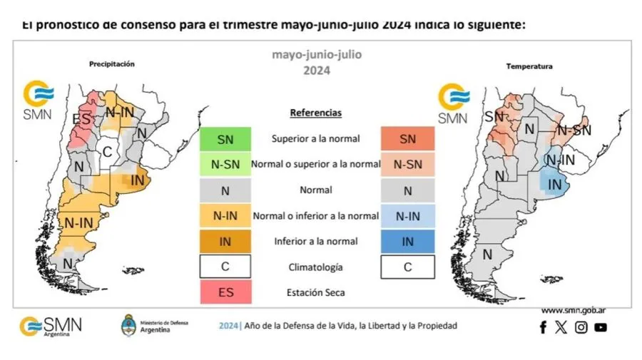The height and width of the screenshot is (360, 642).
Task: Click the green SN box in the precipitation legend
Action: pos(225,139)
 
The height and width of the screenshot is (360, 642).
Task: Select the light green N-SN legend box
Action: pos(225,164)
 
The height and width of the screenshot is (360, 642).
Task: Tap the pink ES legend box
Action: pos(225,292)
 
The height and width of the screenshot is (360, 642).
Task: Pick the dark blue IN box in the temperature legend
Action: pos(407,241)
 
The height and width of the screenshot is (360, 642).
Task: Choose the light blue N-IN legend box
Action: pos(407,215)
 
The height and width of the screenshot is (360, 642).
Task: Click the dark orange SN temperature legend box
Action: pos(407,139)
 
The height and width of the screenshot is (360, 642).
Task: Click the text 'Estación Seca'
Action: pos(315,292)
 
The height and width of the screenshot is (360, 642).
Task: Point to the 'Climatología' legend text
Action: pos(315,267)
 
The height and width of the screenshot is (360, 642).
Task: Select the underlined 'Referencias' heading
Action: pos(315,113)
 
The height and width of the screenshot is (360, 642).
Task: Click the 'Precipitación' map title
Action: pos(111,64)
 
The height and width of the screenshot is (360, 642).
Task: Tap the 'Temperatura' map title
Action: pos(529,66)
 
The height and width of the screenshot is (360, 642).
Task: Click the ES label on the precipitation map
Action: pos(81,118)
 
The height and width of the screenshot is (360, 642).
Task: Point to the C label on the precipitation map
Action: pos(108,150)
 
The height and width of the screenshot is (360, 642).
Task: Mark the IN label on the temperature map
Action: pos(554,185)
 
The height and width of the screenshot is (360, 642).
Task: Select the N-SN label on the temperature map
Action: pos(574,130)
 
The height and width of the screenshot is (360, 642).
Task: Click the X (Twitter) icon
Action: pos(561,327)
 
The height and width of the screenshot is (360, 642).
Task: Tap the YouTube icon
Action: pos(601,327)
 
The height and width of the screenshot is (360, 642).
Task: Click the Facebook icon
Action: pos(543,327)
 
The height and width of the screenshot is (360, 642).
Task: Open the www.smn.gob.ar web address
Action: pos(574,310)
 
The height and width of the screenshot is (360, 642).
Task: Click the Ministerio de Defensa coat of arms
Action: pos(129,325)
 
